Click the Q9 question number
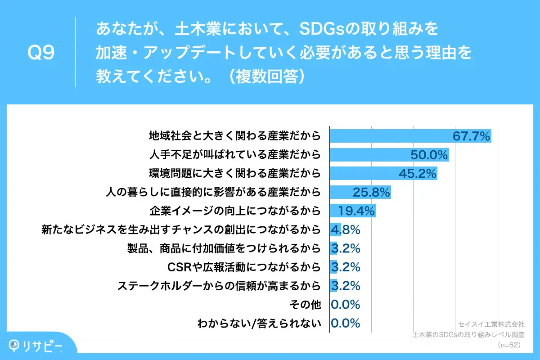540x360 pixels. [x=41, y=53]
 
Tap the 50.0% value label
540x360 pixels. [x=429, y=155]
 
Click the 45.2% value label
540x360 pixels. [x=418, y=174]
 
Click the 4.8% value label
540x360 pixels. [x=346, y=230]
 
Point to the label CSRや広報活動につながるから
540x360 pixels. [x=244, y=267]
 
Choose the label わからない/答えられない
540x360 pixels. [x=260, y=323]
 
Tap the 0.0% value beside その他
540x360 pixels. [x=346, y=304]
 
